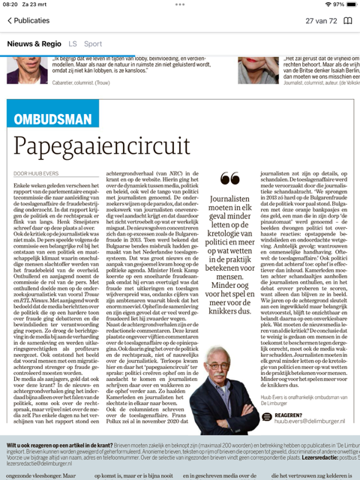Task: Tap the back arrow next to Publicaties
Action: (10, 21)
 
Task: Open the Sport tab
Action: (93, 43)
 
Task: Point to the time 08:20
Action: (12, 4)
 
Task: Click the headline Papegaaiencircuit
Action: (102, 144)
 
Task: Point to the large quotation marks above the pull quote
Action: (230, 178)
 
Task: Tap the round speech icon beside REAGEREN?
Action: (267, 417)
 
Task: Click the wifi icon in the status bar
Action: (318, 4)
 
